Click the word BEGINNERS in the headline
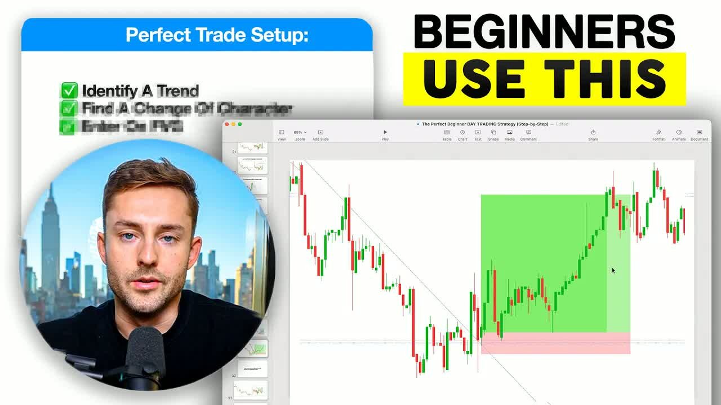(544, 31)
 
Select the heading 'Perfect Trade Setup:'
(217, 35)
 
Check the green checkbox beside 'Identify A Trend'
(69, 90)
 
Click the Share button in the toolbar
(593, 135)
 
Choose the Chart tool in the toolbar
(462, 135)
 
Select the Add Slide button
(321, 135)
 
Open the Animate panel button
(679, 135)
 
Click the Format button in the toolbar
(658, 135)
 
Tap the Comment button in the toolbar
(528, 135)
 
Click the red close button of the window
(228, 124)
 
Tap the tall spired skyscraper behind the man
(50, 236)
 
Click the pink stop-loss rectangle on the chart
(555, 343)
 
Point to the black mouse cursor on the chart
(613, 271)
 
